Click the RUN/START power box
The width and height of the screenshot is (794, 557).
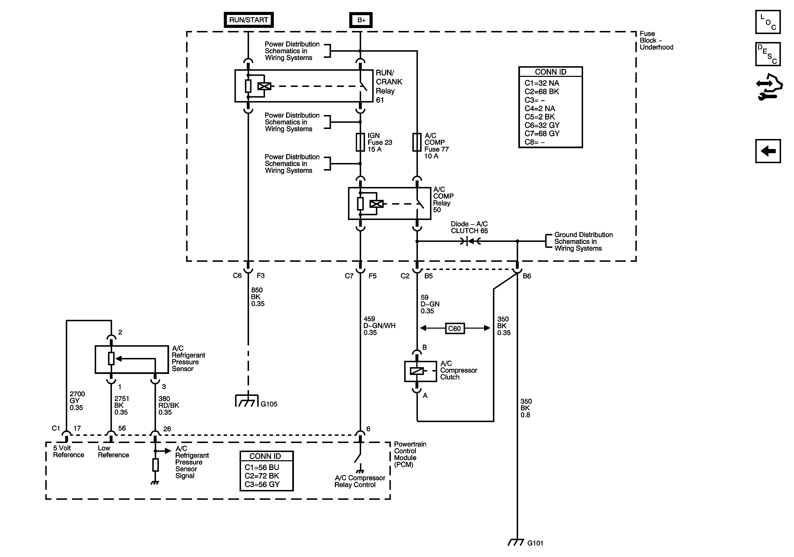249,20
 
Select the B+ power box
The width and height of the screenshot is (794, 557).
361,20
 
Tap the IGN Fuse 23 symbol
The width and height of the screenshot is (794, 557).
360,142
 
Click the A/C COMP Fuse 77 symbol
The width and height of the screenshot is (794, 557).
417,142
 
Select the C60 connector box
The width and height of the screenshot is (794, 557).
455,328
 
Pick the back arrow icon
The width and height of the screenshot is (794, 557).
768,151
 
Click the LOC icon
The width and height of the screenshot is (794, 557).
768,22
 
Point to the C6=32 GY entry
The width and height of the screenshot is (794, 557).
542,125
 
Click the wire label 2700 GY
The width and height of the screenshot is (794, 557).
77,401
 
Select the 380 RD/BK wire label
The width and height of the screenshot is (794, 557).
169,406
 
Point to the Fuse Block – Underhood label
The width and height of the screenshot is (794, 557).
656,40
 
